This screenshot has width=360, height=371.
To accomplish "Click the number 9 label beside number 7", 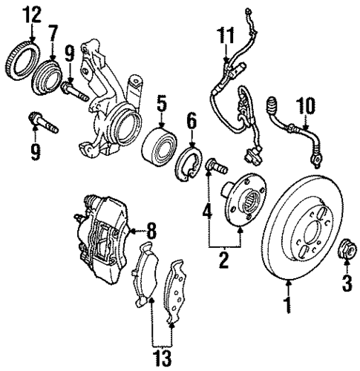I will point(70,53).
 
